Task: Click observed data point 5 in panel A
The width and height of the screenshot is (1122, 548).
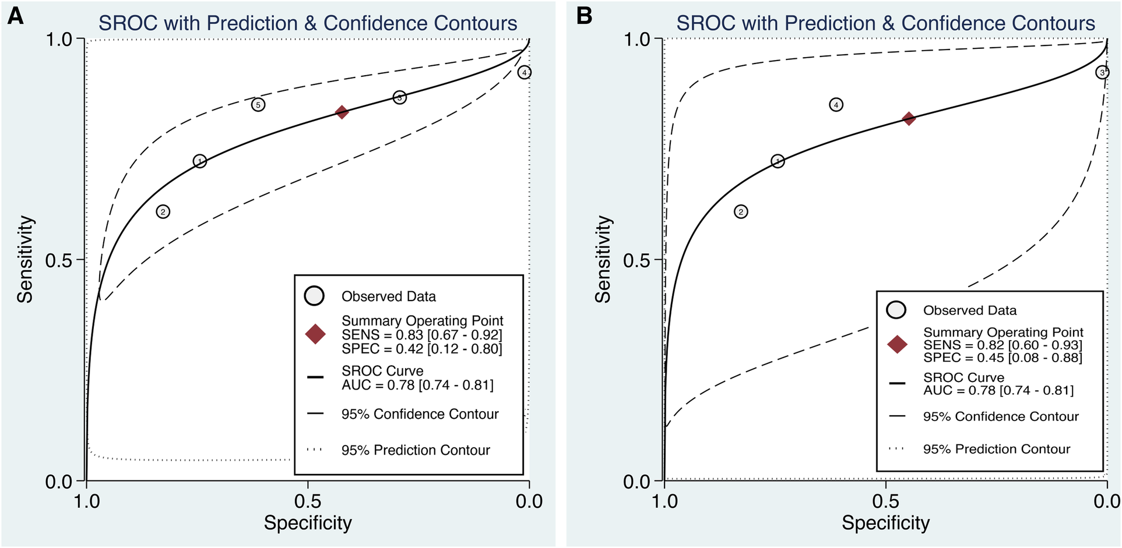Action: coord(258,105)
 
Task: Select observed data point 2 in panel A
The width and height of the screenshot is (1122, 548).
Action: coord(163,212)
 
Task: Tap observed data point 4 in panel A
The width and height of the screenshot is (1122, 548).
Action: coord(525,73)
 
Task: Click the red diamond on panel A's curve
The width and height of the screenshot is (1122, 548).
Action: coord(342,112)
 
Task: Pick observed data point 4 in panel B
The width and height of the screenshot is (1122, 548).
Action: coord(836,105)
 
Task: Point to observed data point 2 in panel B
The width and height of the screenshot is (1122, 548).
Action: coord(741,212)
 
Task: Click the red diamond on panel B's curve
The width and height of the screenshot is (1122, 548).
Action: coord(909,119)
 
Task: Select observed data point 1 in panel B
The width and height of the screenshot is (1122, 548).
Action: coord(778,161)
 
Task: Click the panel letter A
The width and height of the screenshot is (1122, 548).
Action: coord(15,16)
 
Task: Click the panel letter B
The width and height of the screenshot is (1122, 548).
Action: coord(584,16)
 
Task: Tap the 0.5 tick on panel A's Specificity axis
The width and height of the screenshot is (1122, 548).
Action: coord(308,501)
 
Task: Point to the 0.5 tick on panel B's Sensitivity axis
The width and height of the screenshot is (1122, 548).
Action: coord(637,260)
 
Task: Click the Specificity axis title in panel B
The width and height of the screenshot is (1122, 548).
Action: coord(885,523)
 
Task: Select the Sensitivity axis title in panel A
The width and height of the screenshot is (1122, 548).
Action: coord(25,260)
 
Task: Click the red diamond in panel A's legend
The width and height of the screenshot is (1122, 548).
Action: coord(315,334)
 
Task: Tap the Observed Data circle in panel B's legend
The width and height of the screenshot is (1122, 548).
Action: coord(896,310)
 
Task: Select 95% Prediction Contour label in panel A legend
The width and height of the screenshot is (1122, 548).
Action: coord(416,450)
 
